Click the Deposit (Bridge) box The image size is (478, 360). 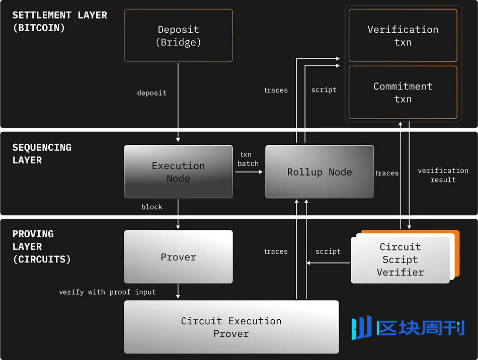(x=178, y=36)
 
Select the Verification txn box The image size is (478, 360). (x=403, y=36)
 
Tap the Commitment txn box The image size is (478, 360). (x=403, y=93)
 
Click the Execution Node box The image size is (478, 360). (x=178, y=172)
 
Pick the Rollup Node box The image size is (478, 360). (x=320, y=172)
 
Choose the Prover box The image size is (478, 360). (x=178, y=257)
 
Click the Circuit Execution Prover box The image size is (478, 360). (x=231, y=327)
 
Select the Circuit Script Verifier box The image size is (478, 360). (x=400, y=259)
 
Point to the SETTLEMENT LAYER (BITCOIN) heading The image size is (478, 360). (x=60, y=22)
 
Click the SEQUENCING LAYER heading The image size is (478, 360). (x=42, y=154)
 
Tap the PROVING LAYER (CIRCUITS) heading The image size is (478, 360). (x=41, y=247)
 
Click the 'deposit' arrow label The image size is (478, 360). (x=151, y=93)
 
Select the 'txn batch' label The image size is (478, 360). (x=248, y=159)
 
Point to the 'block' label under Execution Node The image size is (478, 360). (x=152, y=207)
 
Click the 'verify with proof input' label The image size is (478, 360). (x=107, y=292)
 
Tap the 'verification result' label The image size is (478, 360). (x=443, y=175)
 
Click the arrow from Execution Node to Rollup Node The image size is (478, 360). (x=249, y=172)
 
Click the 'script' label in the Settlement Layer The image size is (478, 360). (x=324, y=90)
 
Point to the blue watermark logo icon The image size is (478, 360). (x=361, y=328)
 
